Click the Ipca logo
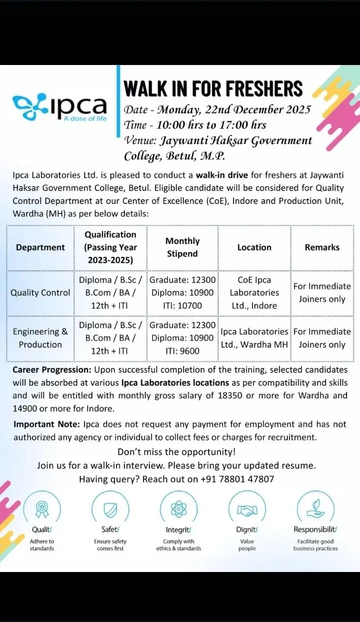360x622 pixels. tap(60, 106)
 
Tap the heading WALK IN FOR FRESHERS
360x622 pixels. tap(213, 88)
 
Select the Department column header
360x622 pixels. tap(40, 247)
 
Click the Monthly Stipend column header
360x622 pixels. tap(182, 247)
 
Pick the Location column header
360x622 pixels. tap(254, 247)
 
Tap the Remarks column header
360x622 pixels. tap(322, 247)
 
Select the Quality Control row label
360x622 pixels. tap(40, 292)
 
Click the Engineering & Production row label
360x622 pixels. tap(40, 338)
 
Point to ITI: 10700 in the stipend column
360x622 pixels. tap(182, 305)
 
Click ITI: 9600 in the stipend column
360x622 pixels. tap(182, 351)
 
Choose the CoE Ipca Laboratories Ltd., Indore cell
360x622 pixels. tap(254, 292)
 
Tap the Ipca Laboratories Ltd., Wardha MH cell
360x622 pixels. tap(254, 338)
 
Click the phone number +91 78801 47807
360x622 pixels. tap(237, 479)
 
